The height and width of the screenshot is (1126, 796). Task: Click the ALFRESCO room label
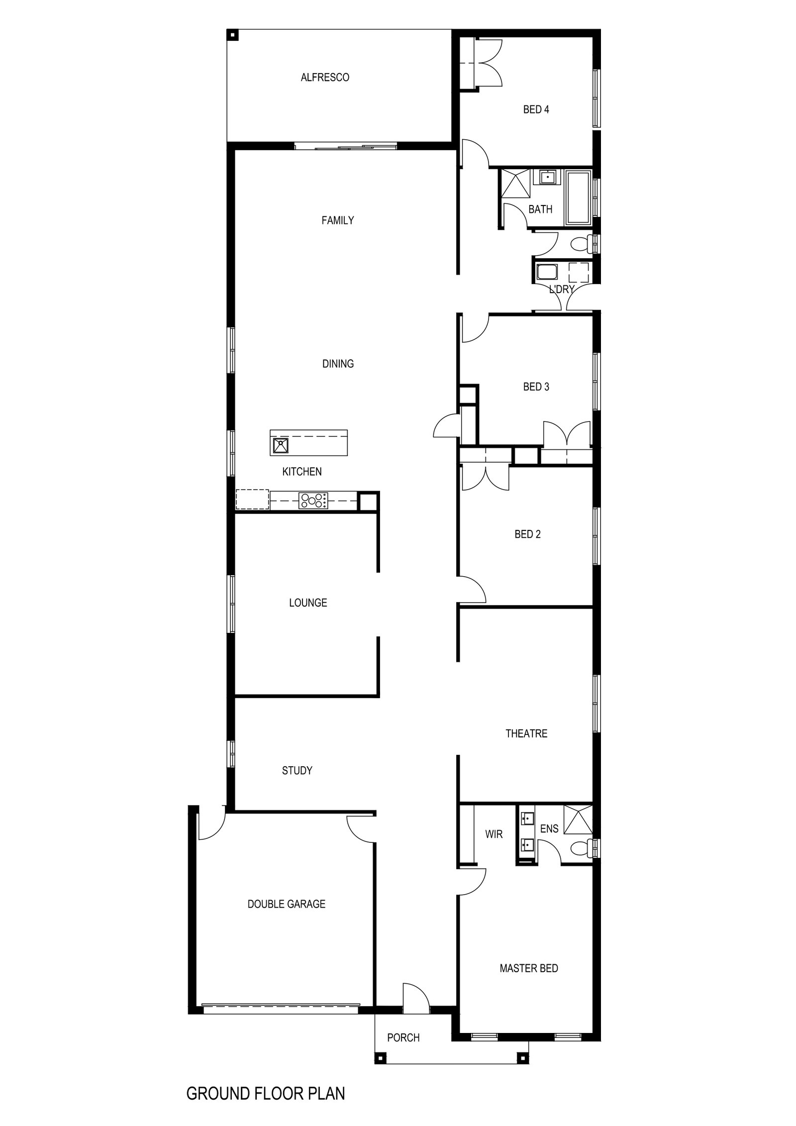[x=325, y=78]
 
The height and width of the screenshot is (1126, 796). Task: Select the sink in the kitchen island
[x=281, y=445]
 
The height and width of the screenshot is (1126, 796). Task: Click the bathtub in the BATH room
[x=578, y=198]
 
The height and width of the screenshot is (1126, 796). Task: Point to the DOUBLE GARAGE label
[x=287, y=904]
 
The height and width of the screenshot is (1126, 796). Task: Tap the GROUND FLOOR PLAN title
[x=265, y=1090]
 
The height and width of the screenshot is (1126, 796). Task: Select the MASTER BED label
[x=529, y=968]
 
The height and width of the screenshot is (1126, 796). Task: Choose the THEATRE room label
[x=526, y=733]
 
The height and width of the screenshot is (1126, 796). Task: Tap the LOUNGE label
[x=308, y=603]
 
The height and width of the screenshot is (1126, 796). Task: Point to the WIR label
[x=494, y=834]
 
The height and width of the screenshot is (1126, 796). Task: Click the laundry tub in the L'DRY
[x=547, y=273]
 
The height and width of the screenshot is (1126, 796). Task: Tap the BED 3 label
[x=536, y=387]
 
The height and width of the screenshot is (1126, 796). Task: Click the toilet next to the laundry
[x=581, y=244]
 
